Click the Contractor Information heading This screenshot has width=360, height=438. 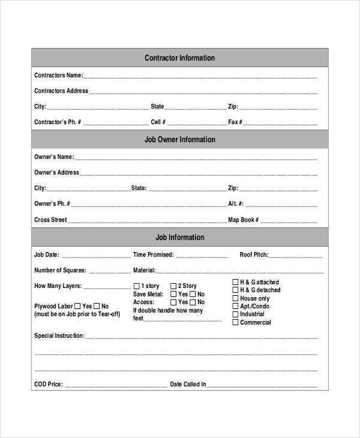click(x=179, y=58)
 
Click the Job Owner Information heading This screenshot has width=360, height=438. click(x=179, y=140)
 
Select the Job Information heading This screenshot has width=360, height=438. click(x=179, y=238)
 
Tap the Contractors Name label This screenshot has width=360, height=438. click(x=58, y=76)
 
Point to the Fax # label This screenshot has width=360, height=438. click(x=235, y=122)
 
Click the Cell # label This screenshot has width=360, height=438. click(x=158, y=122)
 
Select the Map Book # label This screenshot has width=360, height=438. click(x=243, y=220)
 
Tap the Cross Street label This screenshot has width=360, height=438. click(x=50, y=220)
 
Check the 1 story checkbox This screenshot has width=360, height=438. click(x=136, y=286)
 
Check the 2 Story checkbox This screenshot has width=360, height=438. click(x=173, y=286)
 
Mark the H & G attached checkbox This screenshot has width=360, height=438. click(x=235, y=282)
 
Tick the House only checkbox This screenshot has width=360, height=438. click(x=235, y=298)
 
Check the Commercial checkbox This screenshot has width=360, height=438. click(x=235, y=323)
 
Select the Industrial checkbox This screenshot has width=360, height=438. click(x=235, y=314)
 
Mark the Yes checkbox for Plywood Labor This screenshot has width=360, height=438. click(x=77, y=306)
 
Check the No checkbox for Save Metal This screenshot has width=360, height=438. click(x=193, y=295)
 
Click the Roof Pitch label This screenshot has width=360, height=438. click(x=254, y=254)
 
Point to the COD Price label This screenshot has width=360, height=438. click(x=48, y=384)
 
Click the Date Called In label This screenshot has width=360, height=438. click(x=188, y=384)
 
